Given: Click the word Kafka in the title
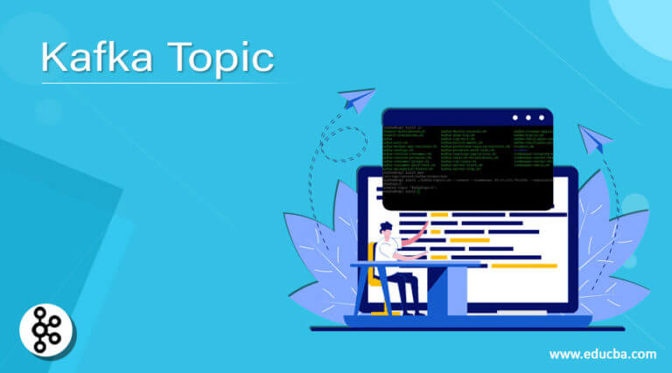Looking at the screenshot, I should pyautogui.click(x=93, y=59).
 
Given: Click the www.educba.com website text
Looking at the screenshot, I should pyautogui.click(x=602, y=354).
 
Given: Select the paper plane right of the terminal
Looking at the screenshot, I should pyautogui.click(x=594, y=138).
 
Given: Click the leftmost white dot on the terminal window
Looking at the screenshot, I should pyautogui.click(x=516, y=118).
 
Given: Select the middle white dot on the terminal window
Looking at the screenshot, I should pyautogui.click(x=528, y=118).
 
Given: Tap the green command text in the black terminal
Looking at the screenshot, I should pyautogui.click(x=411, y=149).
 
